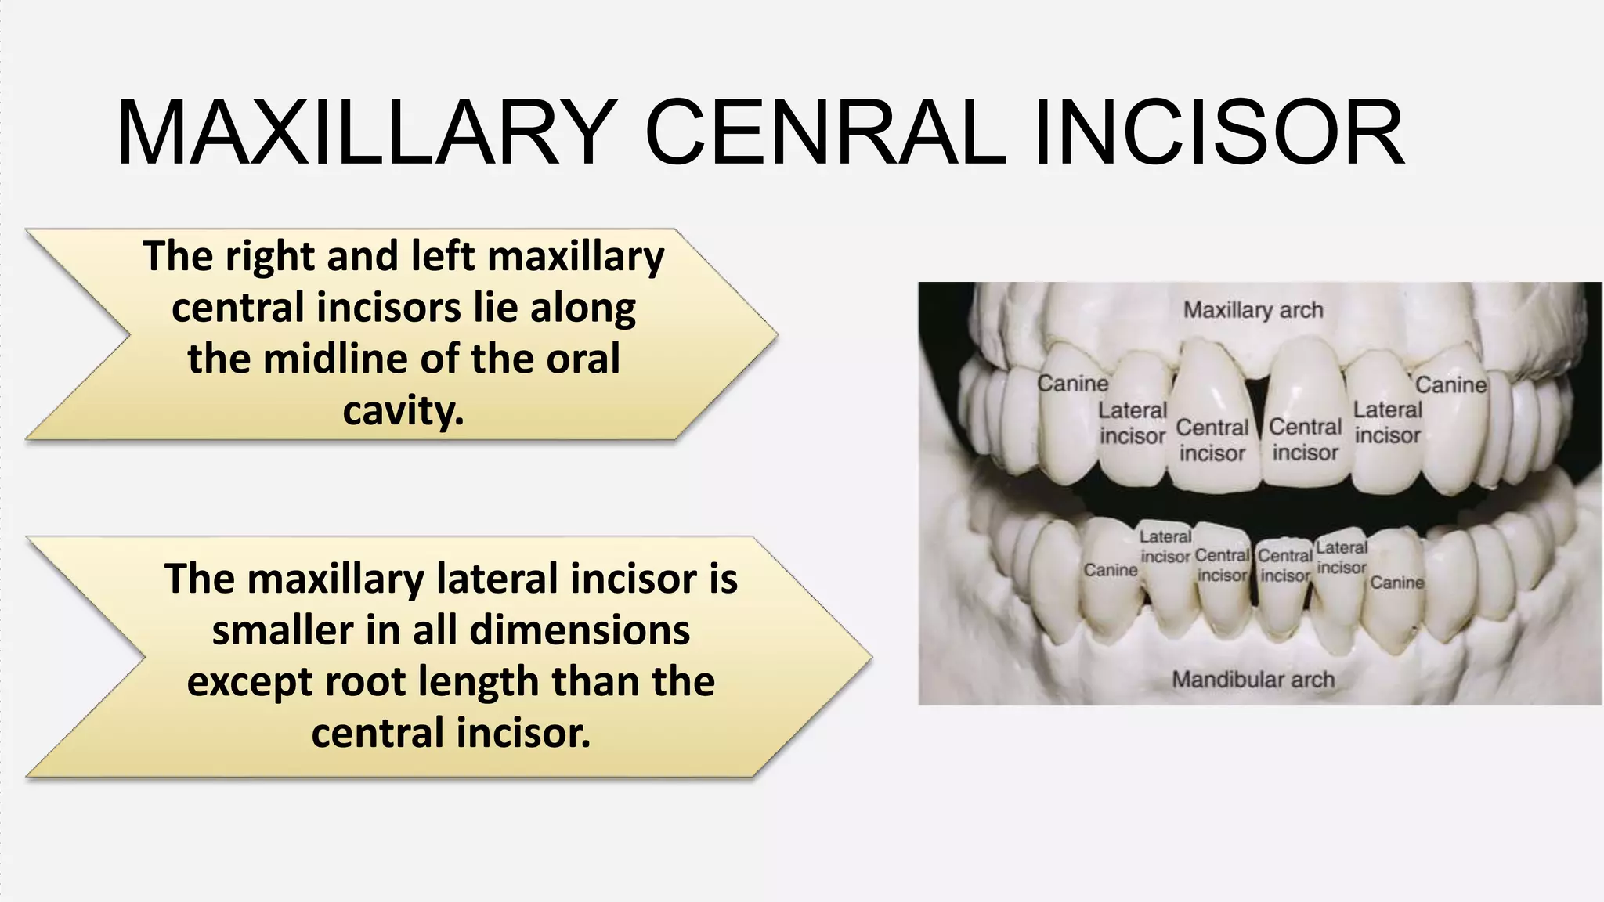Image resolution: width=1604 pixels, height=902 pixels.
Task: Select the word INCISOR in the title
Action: click(x=1219, y=133)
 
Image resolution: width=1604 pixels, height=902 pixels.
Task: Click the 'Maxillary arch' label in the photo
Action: click(x=1253, y=310)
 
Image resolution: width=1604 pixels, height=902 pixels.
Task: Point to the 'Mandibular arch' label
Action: click(x=1253, y=679)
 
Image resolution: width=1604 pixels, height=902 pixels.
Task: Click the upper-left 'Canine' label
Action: click(x=1072, y=384)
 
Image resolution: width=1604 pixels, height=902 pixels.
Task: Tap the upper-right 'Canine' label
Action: click(x=1450, y=384)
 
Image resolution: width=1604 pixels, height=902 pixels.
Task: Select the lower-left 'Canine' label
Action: click(x=1110, y=570)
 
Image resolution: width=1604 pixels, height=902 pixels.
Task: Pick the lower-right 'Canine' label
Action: click(x=1396, y=583)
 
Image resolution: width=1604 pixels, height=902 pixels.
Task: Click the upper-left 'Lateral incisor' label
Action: click(x=1133, y=423)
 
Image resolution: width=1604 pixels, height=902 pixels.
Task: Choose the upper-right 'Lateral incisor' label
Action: click(x=1387, y=422)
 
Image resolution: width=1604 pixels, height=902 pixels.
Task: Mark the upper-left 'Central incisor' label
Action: click(x=1212, y=440)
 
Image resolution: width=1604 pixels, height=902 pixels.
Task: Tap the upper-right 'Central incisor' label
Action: click(x=1305, y=439)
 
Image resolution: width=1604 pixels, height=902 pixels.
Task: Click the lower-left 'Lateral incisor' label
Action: click(x=1165, y=547)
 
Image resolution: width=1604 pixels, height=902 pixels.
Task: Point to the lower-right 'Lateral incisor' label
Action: click(x=1342, y=557)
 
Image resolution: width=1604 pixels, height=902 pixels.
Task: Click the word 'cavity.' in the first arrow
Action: click(x=403, y=410)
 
